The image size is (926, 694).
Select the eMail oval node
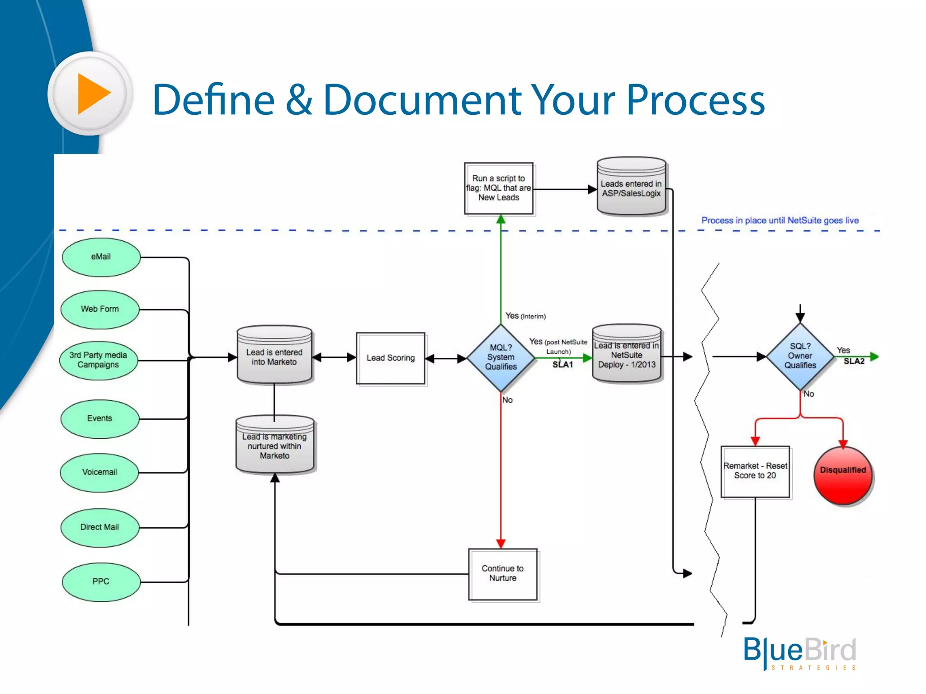[101, 257]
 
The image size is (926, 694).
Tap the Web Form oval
[100, 309]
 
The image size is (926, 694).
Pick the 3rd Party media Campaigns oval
[98, 360]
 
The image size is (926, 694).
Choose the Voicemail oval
[99, 472]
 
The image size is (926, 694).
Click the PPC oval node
[101, 581]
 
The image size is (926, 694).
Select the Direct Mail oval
[99, 527]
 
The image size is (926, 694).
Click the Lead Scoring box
[391, 358]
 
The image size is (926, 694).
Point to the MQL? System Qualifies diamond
[501, 357]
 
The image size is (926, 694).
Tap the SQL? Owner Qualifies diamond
[800, 356]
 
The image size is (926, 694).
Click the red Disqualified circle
[843, 475]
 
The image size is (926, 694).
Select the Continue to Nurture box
[503, 574]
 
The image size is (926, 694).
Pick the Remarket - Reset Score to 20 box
[755, 471]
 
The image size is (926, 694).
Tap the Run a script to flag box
[499, 188]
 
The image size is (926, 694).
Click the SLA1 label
[562, 365]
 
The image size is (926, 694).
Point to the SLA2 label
[854, 361]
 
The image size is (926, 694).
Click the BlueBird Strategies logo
[800, 652]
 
